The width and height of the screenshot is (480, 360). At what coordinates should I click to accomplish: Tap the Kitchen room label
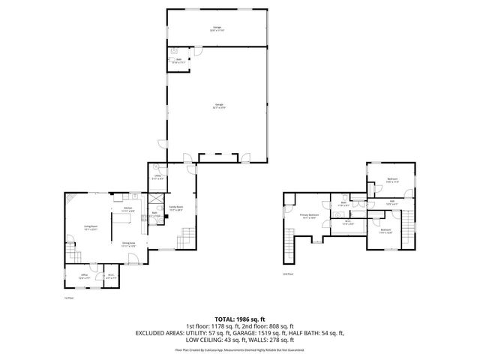(x=127, y=209)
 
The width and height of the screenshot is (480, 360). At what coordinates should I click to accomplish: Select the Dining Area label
(x=128, y=244)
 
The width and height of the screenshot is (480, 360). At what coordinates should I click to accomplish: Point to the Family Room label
(x=176, y=208)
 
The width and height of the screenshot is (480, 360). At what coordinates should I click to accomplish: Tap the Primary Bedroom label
(x=310, y=216)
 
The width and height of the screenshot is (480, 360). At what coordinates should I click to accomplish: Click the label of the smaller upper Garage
(x=216, y=29)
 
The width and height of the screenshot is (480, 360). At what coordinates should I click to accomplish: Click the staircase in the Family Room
(x=184, y=239)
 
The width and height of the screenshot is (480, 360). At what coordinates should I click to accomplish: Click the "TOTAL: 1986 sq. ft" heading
(x=240, y=318)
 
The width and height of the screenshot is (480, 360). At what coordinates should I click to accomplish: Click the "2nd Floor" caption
(x=287, y=274)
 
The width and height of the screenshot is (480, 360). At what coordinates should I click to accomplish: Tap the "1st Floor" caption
(x=67, y=298)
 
